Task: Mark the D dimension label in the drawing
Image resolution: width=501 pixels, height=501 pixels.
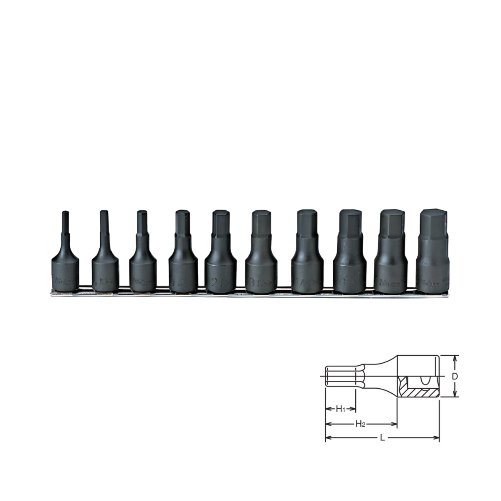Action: click(455, 376)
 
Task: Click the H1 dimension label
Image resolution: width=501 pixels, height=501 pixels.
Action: click(340, 409)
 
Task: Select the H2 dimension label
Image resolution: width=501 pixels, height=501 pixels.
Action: click(360, 424)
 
